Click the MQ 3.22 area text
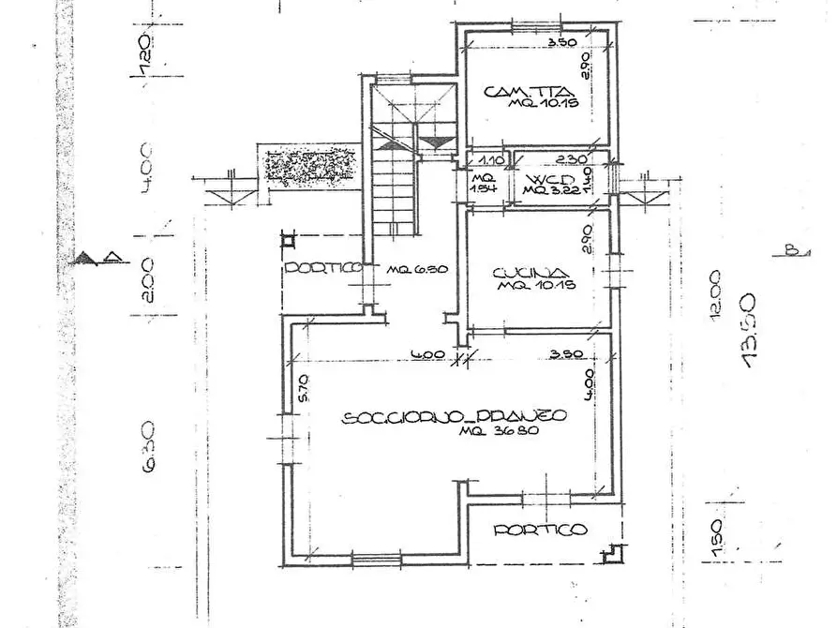[546, 191]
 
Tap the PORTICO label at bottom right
[541, 530]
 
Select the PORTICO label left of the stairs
[323, 268]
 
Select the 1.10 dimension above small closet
[486, 160]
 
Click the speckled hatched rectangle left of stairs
[310, 166]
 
